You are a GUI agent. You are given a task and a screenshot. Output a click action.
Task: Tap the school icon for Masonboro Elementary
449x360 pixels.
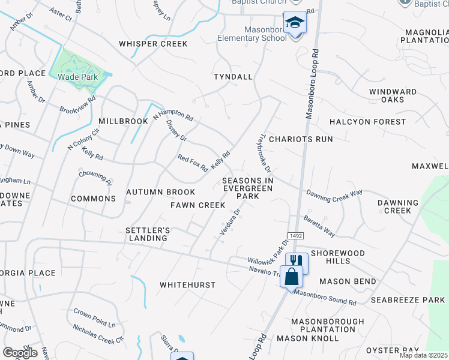[x=295, y=23]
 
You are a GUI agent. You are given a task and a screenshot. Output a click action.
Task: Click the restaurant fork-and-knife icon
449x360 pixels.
[x=297, y=261]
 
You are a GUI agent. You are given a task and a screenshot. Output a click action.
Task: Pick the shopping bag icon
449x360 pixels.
[x=291, y=277]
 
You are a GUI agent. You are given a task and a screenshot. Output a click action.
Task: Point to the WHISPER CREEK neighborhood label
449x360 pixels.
[x=153, y=44]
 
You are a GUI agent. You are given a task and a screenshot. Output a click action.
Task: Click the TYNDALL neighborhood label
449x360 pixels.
[x=234, y=77]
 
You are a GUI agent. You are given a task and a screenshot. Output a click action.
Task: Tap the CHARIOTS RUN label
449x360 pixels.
[x=301, y=139]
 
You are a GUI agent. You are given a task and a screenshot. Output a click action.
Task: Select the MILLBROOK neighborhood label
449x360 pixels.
[x=123, y=121]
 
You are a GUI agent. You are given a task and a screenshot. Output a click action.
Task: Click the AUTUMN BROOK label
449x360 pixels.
[x=160, y=192]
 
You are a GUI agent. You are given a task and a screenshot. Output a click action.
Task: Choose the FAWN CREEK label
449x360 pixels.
[x=197, y=205]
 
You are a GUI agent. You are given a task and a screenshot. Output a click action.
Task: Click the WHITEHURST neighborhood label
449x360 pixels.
[x=187, y=285]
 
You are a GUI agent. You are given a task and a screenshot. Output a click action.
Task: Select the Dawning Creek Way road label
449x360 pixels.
[x=334, y=193]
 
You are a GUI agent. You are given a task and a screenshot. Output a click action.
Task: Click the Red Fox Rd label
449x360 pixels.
[x=192, y=162]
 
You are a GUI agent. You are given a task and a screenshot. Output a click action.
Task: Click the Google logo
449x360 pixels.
[x=19, y=353]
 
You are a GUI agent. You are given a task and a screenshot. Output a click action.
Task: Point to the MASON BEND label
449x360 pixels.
[x=348, y=281]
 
